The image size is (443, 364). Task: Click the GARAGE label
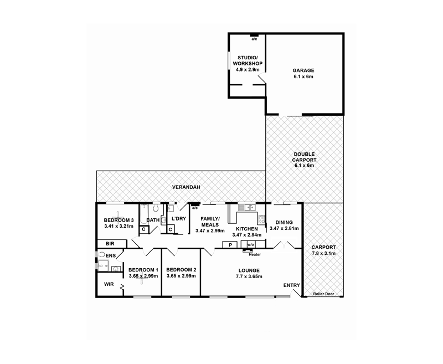[x=303, y=70]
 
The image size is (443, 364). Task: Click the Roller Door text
[x=323, y=294]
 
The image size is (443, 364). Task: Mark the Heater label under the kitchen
[x=255, y=254]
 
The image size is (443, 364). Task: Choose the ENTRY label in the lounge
[x=292, y=285]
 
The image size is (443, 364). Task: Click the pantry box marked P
[x=230, y=244]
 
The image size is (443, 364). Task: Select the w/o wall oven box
[x=250, y=244]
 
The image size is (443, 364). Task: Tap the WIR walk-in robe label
[x=109, y=284]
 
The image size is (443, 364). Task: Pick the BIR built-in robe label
[x=109, y=244]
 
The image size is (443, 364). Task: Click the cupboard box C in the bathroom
[x=143, y=229]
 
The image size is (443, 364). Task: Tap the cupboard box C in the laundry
[x=170, y=229]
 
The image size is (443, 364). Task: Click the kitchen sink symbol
[x=248, y=208]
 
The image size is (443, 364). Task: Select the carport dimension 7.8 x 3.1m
[x=323, y=253]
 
